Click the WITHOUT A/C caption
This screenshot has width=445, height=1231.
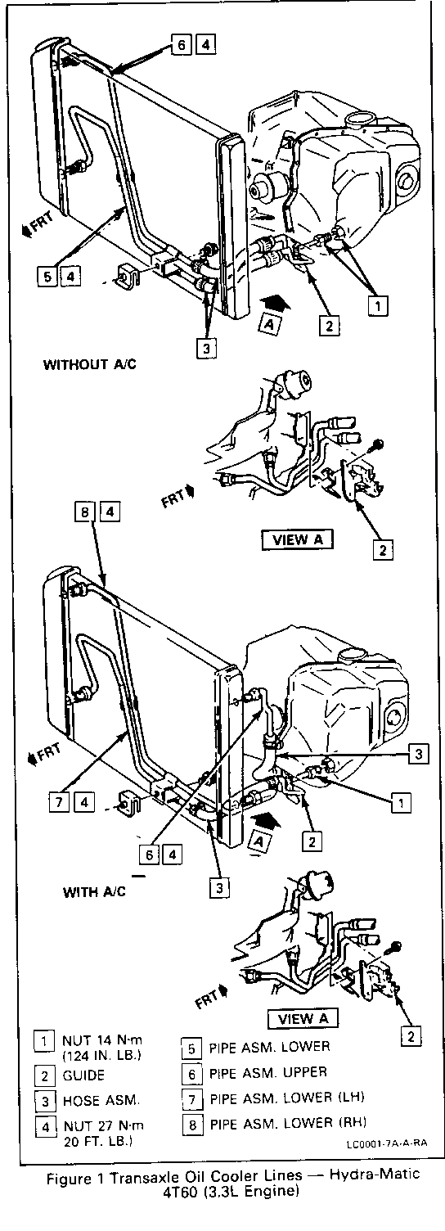[x=90, y=363]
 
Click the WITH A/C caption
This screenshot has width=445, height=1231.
[x=94, y=891]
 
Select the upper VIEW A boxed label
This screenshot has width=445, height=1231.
[x=298, y=539]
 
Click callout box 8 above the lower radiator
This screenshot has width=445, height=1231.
[x=85, y=512]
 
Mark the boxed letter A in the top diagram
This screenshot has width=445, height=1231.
[x=269, y=324]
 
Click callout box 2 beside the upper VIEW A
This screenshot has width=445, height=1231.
[x=383, y=549]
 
